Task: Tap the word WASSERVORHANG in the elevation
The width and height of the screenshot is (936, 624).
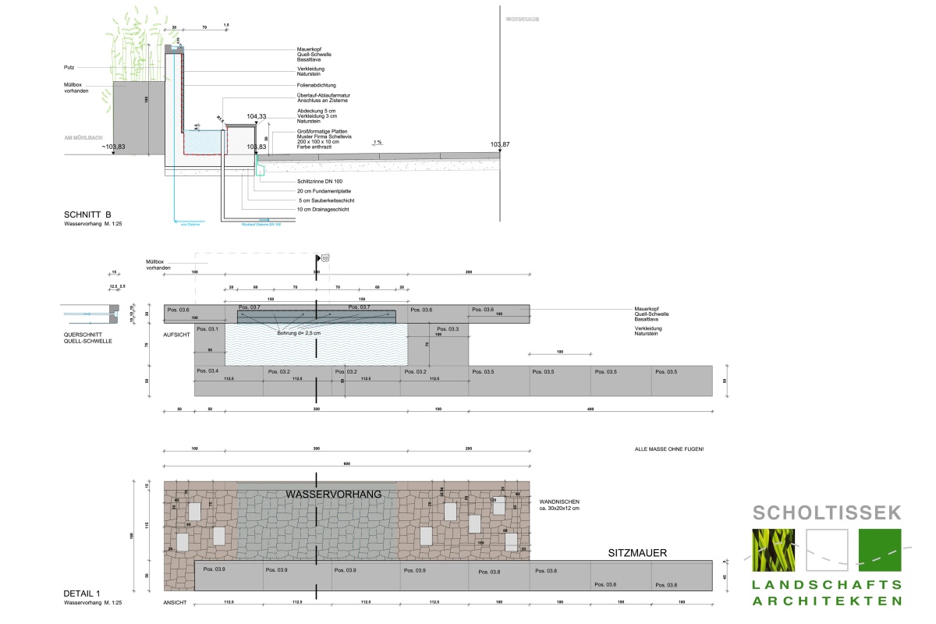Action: point(333,495)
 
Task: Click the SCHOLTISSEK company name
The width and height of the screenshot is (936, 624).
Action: point(827,512)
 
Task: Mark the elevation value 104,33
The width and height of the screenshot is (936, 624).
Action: point(257,116)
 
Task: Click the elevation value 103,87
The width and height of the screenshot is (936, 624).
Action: point(500,145)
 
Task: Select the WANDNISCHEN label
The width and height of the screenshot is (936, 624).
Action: point(559,502)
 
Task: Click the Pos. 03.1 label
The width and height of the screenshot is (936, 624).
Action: point(207,329)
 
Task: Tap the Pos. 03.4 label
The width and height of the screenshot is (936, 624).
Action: point(207,370)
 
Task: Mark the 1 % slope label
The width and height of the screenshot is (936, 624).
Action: point(378,142)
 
